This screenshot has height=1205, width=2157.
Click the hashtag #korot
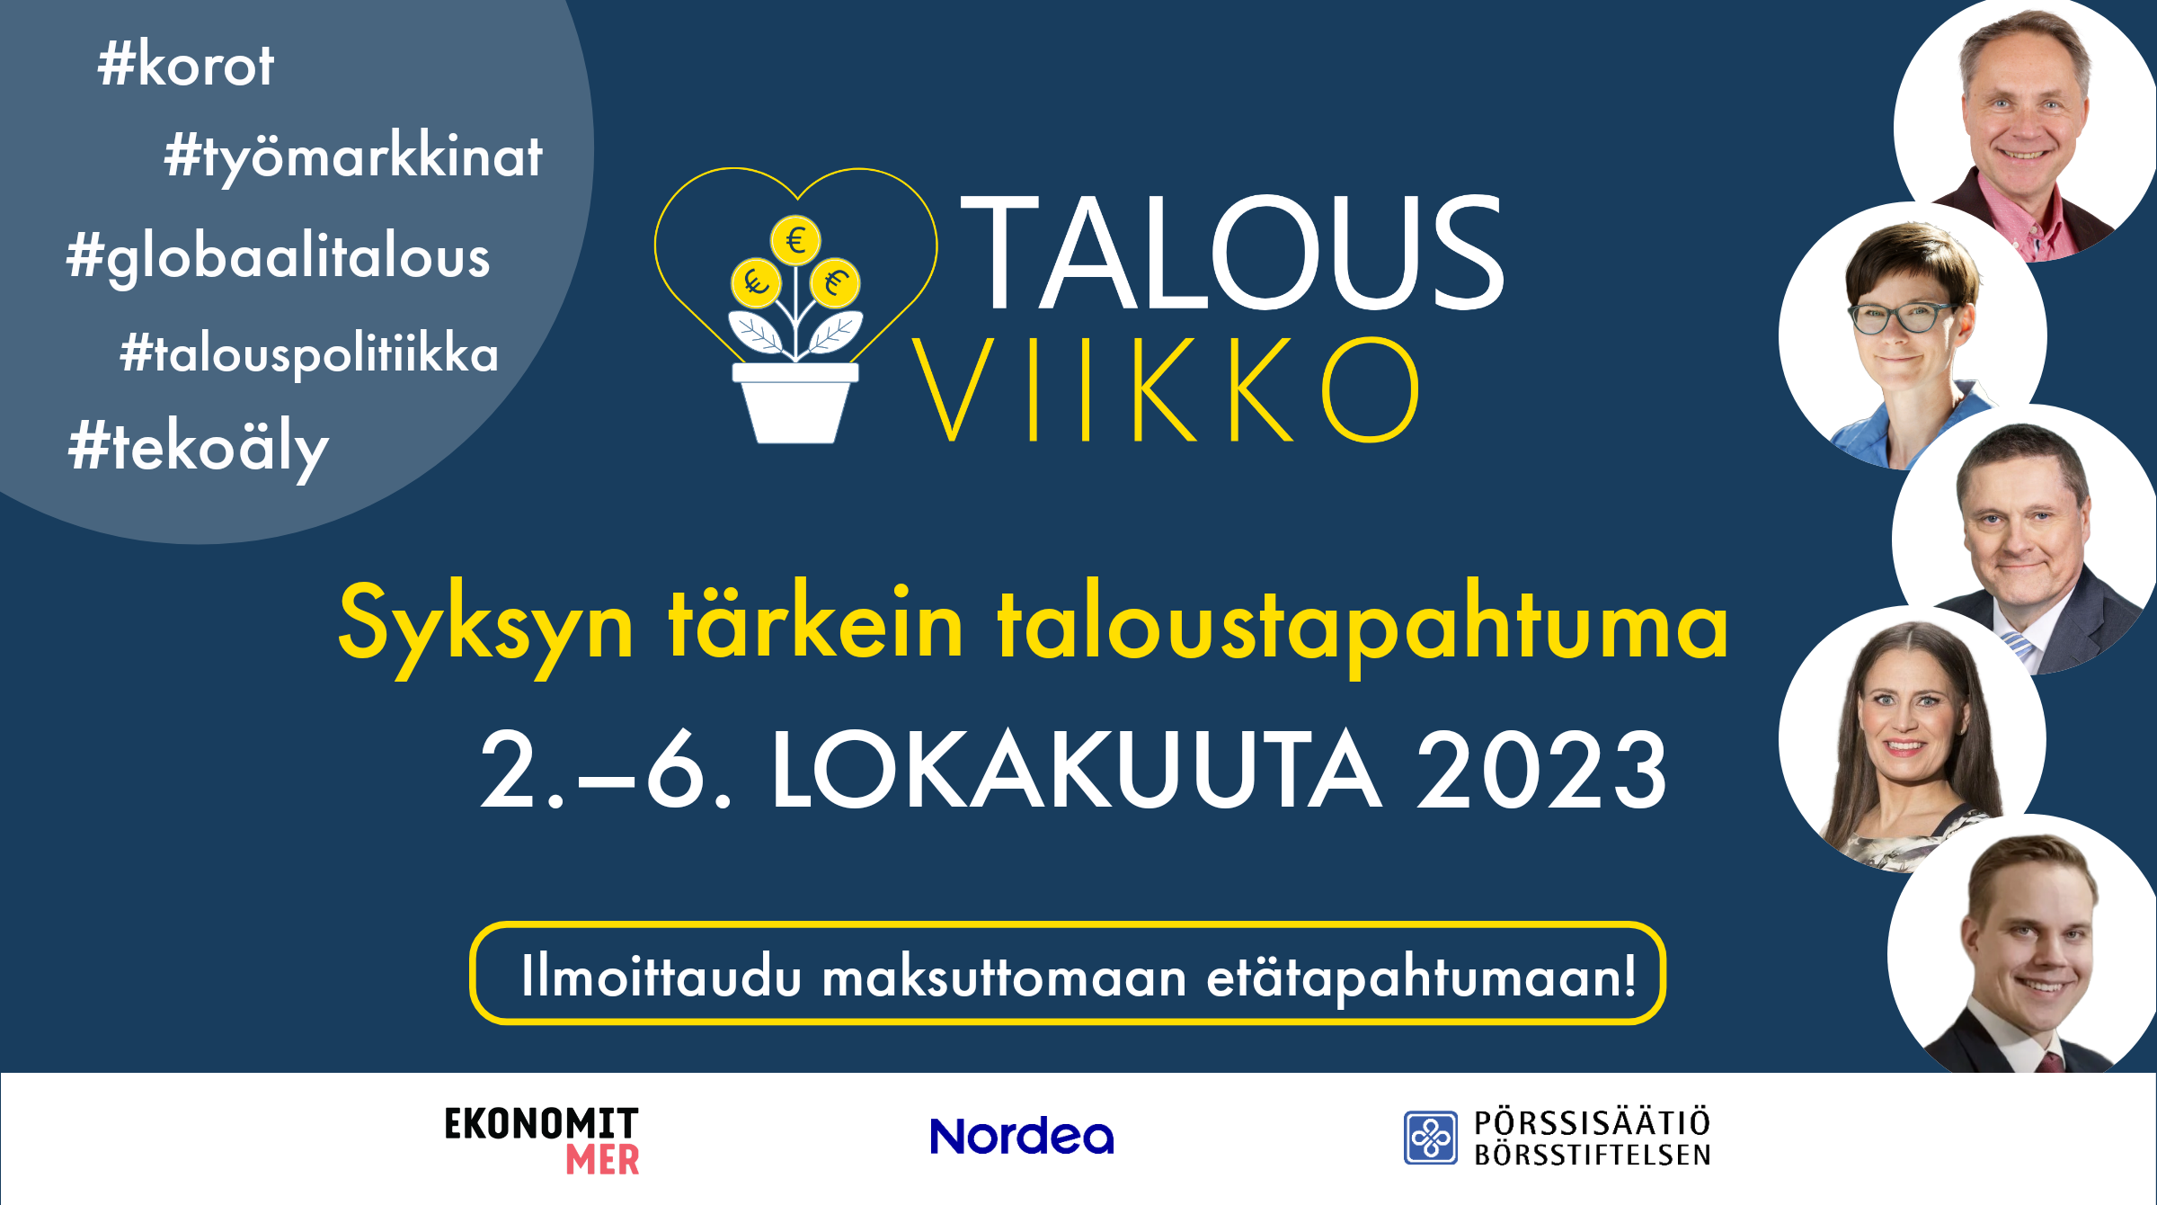(x=185, y=65)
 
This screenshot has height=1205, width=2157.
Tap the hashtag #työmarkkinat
(x=353, y=157)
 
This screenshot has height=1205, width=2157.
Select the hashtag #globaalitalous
(x=279, y=258)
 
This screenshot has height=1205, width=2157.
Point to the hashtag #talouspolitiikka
(x=309, y=354)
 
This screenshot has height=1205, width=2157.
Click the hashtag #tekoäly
(x=199, y=448)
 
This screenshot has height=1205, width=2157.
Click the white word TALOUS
(x=1232, y=253)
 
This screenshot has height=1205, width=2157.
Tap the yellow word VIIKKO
(x=1166, y=390)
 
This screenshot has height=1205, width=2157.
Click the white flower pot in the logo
(x=795, y=403)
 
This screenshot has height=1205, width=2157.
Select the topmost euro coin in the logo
(x=795, y=240)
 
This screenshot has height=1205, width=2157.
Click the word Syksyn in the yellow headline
(x=486, y=625)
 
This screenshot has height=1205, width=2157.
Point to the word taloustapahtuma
(x=1363, y=625)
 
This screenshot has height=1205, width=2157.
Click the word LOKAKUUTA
(x=1076, y=771)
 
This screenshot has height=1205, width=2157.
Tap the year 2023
(x=1541, y=771)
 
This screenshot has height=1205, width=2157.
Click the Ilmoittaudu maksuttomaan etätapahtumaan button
(x=1068, y=973)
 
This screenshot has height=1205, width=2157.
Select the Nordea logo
(x=1022, y=1136)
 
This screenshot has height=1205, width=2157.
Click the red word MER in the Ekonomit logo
(x=603, y=1160)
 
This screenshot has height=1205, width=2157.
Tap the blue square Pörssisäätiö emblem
(x=1431, y=1138)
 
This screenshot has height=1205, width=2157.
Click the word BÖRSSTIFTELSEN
(x=1593, y=1155)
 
